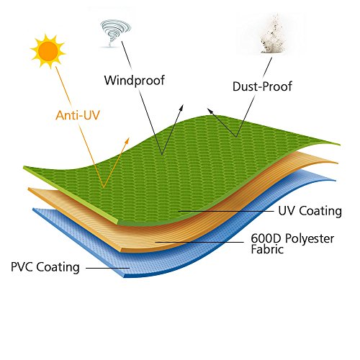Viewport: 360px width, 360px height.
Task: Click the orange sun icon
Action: coord(48,51)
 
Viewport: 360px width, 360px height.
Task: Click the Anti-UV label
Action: coord(78,115)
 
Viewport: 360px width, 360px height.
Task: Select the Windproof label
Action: coord(135,81)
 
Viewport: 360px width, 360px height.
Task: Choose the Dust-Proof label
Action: coord(262,86)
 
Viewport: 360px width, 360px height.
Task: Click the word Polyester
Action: coord(310,239)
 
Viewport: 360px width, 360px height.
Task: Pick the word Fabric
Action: coord(267,249)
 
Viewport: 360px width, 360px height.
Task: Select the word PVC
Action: coord(22,267)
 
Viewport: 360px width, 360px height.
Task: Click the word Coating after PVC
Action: coord(58,268)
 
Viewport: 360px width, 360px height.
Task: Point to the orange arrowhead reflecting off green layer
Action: coord(127,140)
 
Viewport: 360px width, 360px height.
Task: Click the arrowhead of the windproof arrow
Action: coord(181,108)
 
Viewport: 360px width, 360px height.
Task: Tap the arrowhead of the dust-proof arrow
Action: coord(210,111)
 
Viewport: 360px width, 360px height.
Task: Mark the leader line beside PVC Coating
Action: coord(108,268)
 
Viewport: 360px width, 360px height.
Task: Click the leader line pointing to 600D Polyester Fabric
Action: coord(199,242)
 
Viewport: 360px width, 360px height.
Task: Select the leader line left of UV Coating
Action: coord(226,211)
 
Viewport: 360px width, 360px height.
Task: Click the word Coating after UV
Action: coord(320,212)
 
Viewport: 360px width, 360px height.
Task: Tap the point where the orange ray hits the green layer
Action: coord(104,187)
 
